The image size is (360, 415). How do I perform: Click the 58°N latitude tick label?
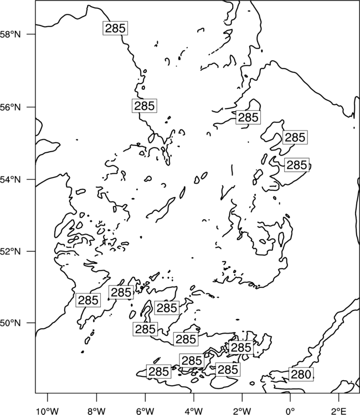pos(10,34)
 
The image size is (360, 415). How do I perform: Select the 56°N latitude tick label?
pos(10,107)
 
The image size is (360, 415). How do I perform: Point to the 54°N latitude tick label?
pos(10,179)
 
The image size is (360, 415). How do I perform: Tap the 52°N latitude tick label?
pos(10,251)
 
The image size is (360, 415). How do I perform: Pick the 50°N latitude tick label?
pos(10,323)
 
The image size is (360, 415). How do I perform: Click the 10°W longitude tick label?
pos(48,411)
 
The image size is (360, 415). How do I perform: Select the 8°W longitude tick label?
pos(96,411)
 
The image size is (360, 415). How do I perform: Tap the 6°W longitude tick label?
pos(145,411)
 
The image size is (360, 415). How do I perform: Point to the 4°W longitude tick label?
pos(194,411)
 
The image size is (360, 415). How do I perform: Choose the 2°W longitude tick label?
pos(242,411)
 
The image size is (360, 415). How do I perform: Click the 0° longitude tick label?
pos(290,411)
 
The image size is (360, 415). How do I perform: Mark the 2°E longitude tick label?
pos(339,411)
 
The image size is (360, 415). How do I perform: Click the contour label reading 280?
pos(301,374)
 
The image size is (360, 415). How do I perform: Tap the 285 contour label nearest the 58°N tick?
pos(115,28)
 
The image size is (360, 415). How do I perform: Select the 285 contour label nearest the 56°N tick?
pos(145,106)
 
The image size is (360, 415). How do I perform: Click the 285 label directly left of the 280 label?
pos(228,369)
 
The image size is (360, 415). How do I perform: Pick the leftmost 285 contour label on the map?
pos(88,300)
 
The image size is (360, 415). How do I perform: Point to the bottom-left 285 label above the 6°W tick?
pos(158,371)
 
